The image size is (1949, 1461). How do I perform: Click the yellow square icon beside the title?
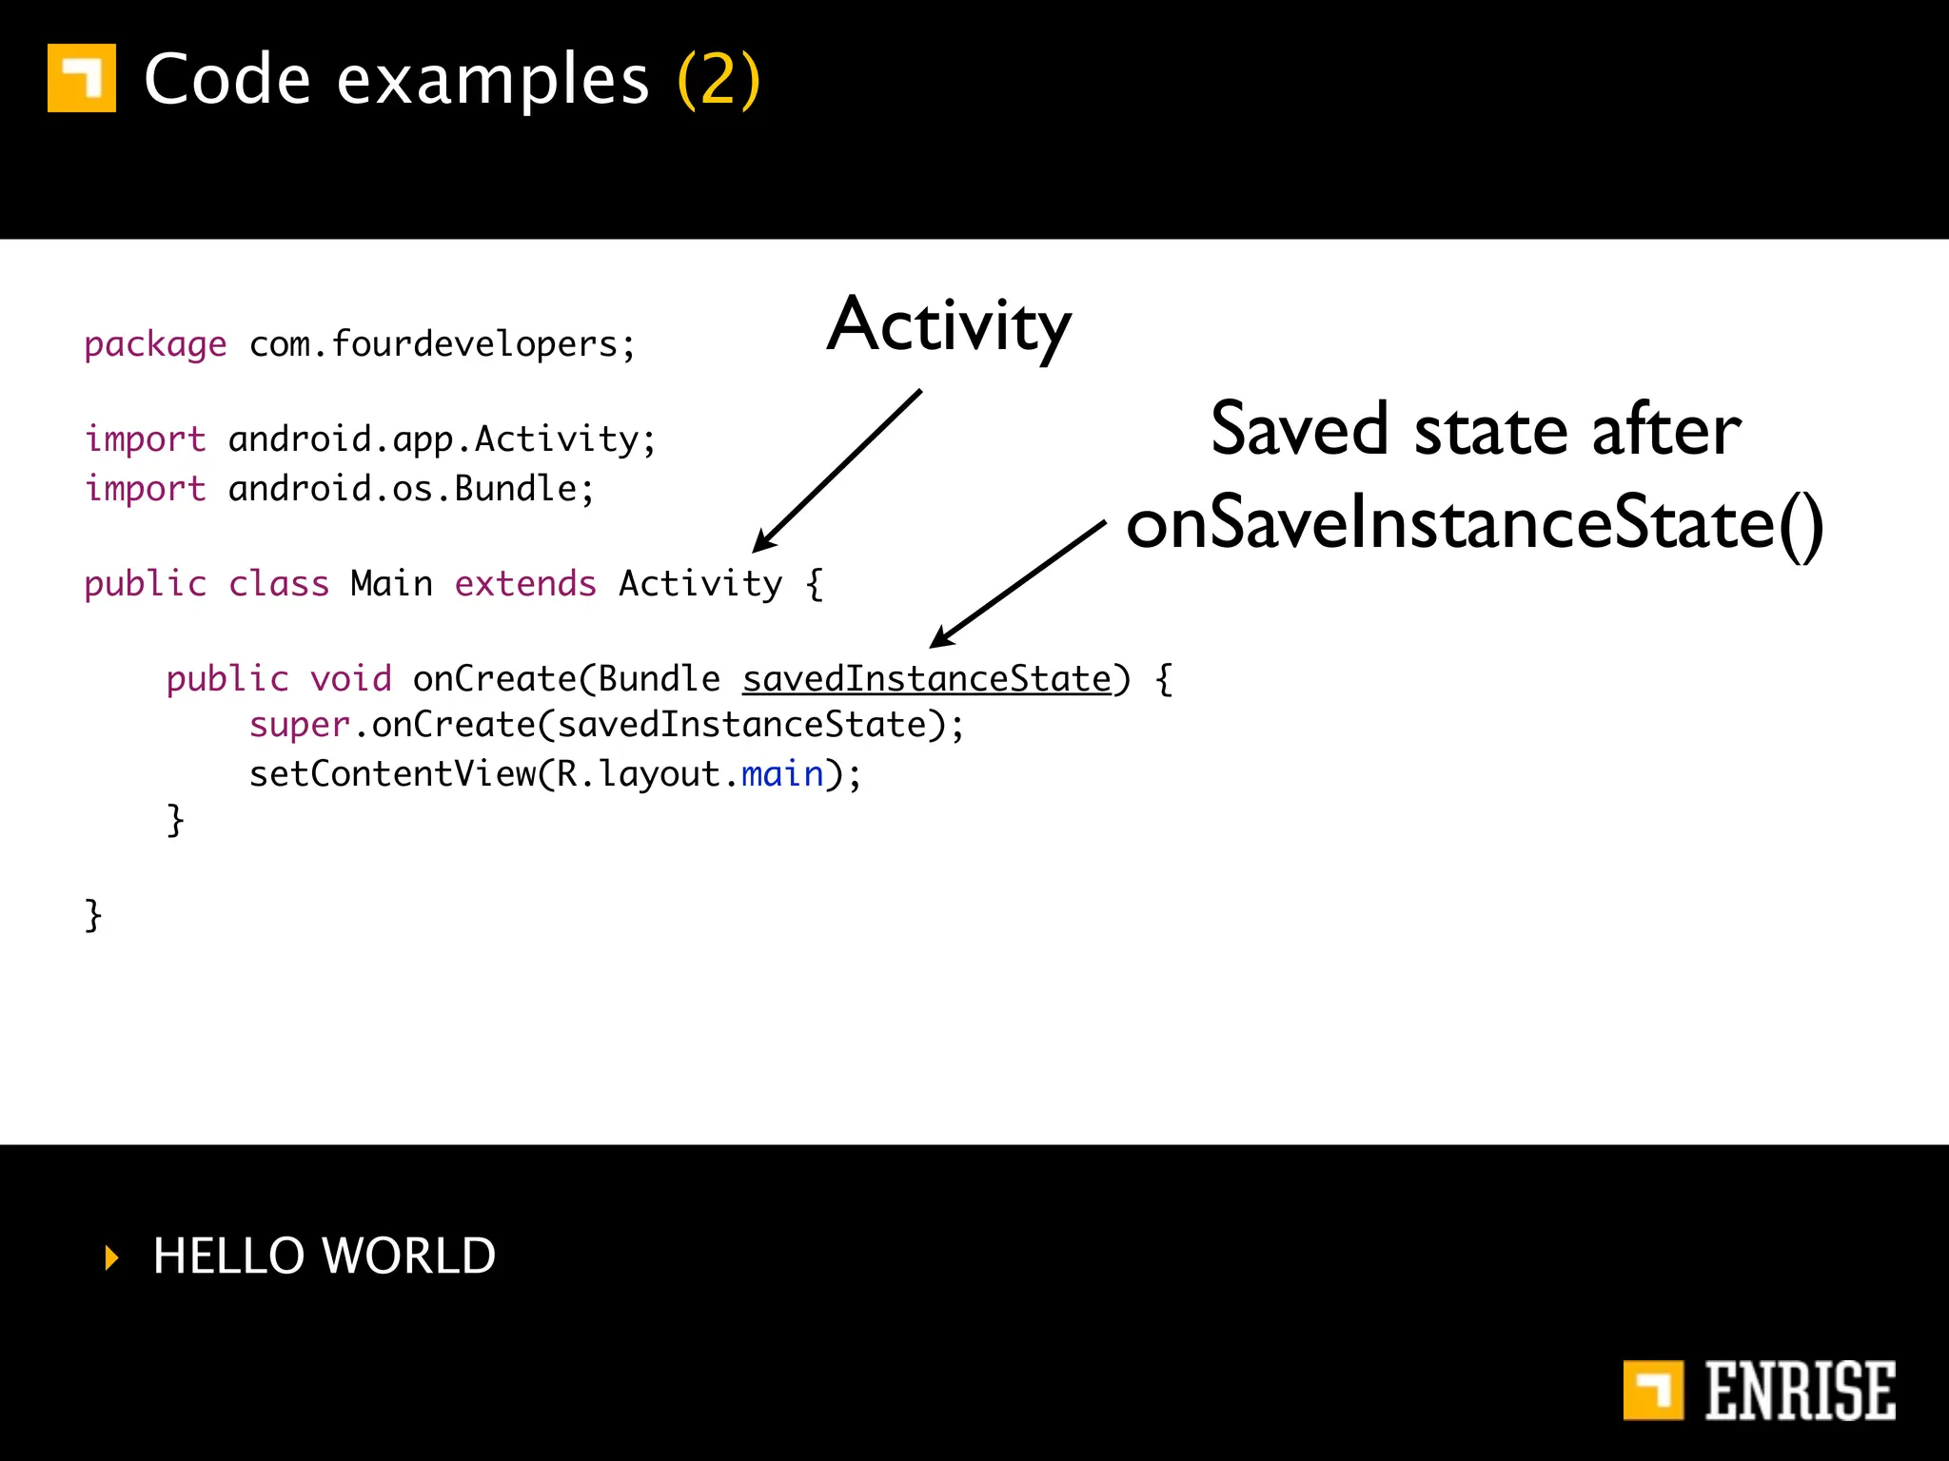pyautogui.click(x=82, y=78)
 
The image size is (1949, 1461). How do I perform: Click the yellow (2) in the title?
pyautogui.click(x=719, y=80)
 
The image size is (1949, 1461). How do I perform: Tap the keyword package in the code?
pyautogui.click(x=155, y=344)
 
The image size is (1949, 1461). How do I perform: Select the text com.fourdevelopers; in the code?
pyautogui.click(x=443, y=344)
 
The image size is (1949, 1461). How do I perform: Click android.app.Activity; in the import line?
pyautogui.click(x=443, y=439)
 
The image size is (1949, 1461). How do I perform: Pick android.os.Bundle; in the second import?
pyautogui.click(x=411, y=489)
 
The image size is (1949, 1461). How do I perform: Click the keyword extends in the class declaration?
pyautogui.click(x=525, y=584)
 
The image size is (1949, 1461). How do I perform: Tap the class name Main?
pyautogui.click(x=391, y=584)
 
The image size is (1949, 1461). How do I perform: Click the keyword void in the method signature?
pyautogui.click(x=350, y=679)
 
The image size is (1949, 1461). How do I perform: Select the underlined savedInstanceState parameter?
pyautogui.click(x=927, y=679)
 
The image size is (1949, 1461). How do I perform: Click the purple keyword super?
pyautogui.click(x=300, y=725)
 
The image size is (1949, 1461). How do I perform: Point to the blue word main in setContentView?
pyautogui.click(x=782, y=774)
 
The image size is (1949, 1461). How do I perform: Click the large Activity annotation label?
pyautogui.click(x=949, y=325)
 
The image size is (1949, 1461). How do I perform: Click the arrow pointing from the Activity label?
pyautogui.click(x=837, y=471)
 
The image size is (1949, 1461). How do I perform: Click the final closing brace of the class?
pyautogui.click(x=92, y=915)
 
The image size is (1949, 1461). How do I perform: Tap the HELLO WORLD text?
pyautogui.click(x=325, y=1256)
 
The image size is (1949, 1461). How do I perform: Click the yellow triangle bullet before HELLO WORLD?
pyautogui.click(x=112, y=1257)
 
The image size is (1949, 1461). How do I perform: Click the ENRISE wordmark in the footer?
pyautogui.click(x=1799, y=1391)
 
